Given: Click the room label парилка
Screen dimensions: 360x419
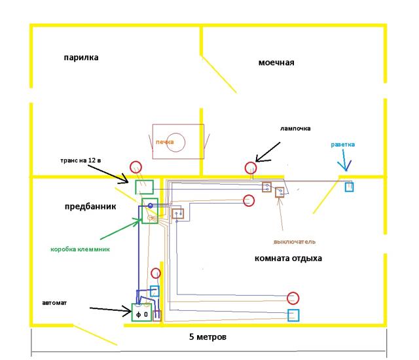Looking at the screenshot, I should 81,58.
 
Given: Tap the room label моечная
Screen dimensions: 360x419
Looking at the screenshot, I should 276,63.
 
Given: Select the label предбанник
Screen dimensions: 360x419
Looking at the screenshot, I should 90,206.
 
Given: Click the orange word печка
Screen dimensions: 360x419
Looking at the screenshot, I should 165,141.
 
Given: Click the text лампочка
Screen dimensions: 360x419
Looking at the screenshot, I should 295,128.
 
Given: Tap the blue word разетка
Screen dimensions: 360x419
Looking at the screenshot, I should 347,144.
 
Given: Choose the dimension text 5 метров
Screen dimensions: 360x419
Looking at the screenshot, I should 208,338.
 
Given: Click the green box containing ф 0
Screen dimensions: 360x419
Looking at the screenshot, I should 142,314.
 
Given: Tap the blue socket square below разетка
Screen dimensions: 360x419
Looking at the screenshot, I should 350,187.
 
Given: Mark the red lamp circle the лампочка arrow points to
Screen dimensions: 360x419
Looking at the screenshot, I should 251,168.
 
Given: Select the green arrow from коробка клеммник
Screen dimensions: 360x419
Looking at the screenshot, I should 118,229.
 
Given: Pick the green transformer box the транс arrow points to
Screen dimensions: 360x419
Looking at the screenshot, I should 145,187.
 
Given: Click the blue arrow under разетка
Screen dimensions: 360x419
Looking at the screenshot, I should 348,162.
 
